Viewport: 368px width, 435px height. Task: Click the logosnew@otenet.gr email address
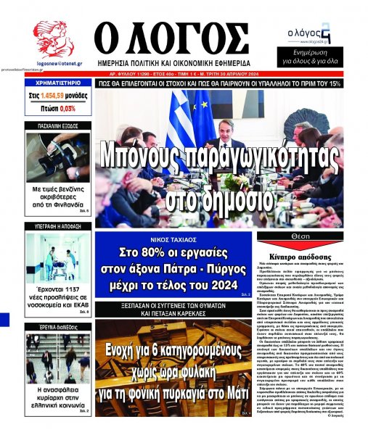coord(53,65)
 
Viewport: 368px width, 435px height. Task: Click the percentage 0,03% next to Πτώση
coord(67,108)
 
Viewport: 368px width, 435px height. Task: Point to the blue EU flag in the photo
coord(203,109)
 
